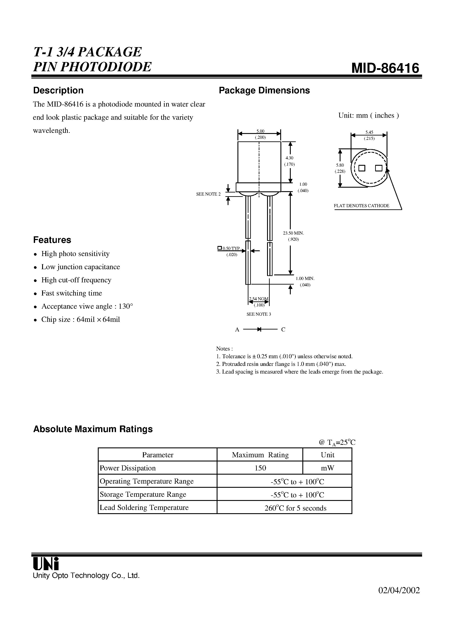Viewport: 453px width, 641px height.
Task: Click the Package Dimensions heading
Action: pos(264,91)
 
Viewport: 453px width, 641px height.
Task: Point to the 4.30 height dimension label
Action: pos(289,158)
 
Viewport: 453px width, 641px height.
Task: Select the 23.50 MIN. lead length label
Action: pos(293,233)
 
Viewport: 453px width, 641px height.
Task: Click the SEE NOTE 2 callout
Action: pos(208,194)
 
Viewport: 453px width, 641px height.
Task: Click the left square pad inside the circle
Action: pos(362,168)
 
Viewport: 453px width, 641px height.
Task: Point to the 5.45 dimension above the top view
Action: pos(369,132)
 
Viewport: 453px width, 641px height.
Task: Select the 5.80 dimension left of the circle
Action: pos(340,165)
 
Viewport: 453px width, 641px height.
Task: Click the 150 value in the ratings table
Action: pos(260,468)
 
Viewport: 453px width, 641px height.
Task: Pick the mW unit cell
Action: pos(327,468)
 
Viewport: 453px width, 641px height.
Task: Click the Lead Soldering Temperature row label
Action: pos(144,507)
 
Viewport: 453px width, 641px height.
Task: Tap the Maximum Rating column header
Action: pos(260,455)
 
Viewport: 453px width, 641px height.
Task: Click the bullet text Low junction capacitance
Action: pos(80,267)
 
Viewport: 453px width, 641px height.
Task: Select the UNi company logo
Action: pos(46,564)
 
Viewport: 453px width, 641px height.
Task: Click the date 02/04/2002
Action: pos(399,590)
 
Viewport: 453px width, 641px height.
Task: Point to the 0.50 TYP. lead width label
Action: pos(231,248)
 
